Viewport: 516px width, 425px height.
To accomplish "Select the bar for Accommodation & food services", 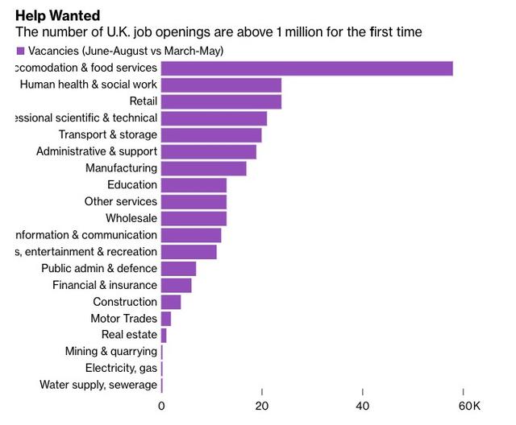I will [x=306, y=68].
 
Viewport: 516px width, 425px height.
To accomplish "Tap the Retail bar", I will [x=221, y=101].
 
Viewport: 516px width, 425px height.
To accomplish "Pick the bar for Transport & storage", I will [x=211, y=135].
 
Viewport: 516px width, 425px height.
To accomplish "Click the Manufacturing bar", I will [x=204, y=168].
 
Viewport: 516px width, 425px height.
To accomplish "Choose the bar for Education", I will [x=193, y=185].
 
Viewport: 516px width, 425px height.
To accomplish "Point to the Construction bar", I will [x=171, y=302].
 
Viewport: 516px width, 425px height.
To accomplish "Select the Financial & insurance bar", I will [x=177, y=285].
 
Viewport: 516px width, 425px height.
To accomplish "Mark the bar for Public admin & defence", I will [x=178, y=268].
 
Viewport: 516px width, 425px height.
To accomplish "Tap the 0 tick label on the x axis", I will [x=161, y=406].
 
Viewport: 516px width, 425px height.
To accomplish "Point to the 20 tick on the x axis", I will [x=262, y=406].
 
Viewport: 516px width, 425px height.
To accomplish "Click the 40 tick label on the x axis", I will [x=364, y=406].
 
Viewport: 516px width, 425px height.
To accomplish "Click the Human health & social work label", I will [x=89, y=85].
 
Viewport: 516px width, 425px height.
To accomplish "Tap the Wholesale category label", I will [x=131, y=218].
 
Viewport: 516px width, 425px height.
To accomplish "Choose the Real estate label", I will [x=129, y=335].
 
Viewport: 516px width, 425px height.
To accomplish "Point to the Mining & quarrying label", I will [x=111, y=352].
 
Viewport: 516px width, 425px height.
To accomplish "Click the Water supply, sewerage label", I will [x=98, y=385].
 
